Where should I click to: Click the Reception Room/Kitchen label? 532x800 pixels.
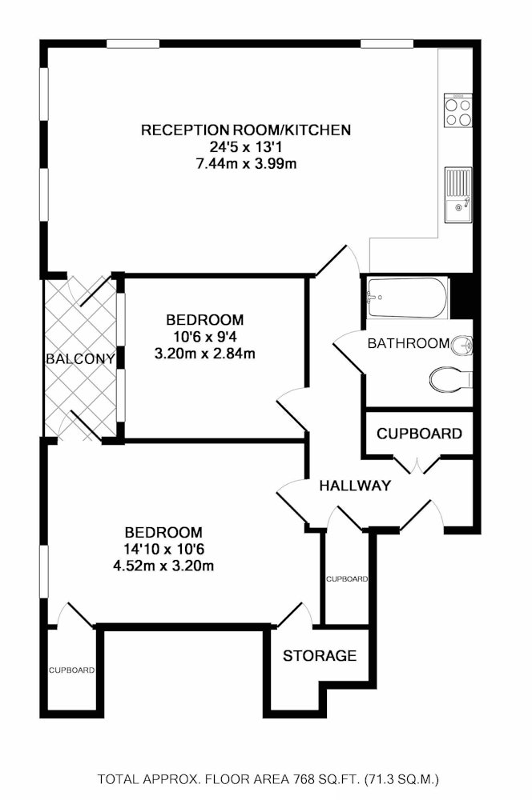(x=246, y=130)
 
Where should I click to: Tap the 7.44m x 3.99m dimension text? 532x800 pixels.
(x=246, y=164)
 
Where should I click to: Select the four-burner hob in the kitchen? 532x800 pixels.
(x=458, y=110)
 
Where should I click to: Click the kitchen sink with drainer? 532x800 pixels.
(x=458, y=195)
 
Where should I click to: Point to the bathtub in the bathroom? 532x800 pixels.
(x=407, y=297)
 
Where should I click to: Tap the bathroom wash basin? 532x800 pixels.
(x=462, y=346)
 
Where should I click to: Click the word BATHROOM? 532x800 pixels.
(x=409, y=343)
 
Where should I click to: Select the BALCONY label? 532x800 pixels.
(x=80, y=358)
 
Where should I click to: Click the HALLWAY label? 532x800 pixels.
(x=355, y=486)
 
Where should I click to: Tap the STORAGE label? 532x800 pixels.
(x=320, y=656)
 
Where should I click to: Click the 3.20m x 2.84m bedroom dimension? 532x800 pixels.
(x=205, y=353)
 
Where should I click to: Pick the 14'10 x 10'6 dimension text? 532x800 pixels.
(x=163, y=549)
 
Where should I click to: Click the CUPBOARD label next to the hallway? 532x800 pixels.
(x=420, y=434)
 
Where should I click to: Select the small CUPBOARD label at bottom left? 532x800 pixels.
(x=71, y=670)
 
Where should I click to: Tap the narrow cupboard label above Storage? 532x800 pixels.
(x=347, y=579)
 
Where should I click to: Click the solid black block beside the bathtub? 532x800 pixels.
(x=462, y=296)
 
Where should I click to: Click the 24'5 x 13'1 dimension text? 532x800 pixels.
(x=246, y=147)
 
